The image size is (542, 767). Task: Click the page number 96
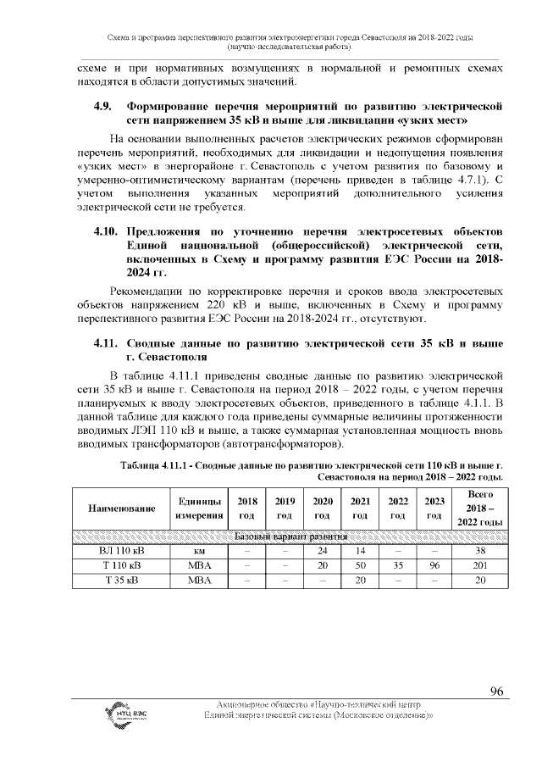pyautogui.click(x=497, y=692)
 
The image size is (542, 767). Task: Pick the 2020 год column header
pyautogui.click(x=322, y=509)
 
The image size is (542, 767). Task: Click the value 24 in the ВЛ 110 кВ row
pyautogui.click(x=322, y=551)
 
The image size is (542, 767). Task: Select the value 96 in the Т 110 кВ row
pyautogui.click(x=434, y=565)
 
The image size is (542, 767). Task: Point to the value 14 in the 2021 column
pyautogui.click(x=359, y=551)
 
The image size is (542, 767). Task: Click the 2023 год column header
pyautogui.click(x=434, y=509)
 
